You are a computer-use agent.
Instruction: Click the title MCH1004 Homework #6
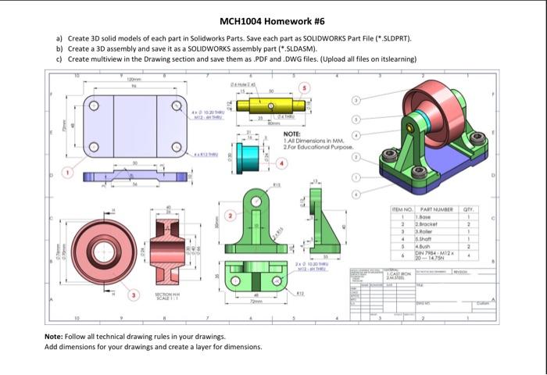273,21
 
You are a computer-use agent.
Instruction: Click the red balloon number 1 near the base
68,171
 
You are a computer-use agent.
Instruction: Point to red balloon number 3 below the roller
134,295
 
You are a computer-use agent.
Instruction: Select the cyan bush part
249,152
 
